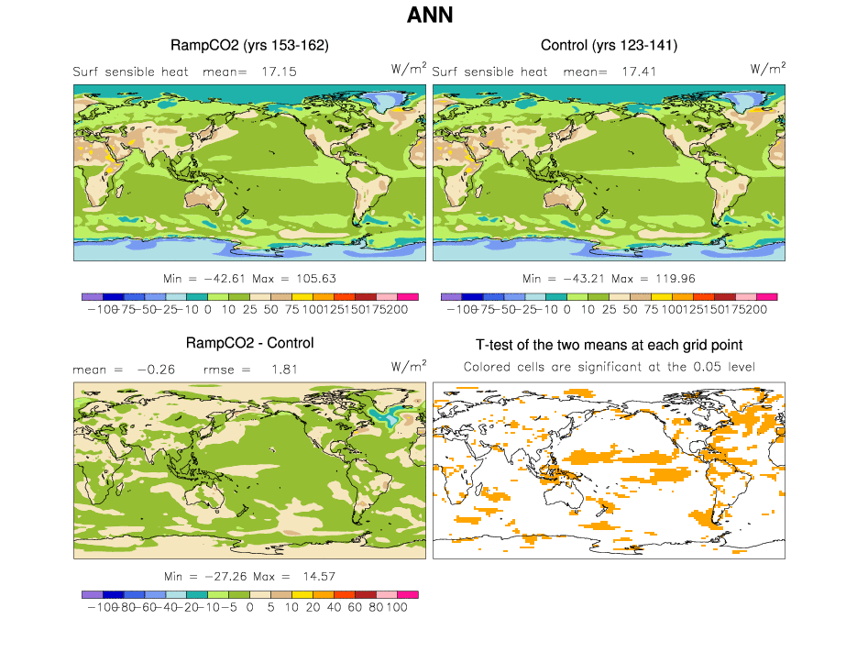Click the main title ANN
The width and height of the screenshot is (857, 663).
(429, 16)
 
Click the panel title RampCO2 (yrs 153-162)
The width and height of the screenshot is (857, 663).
(249, 45)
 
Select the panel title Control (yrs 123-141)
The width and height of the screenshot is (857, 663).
(609, 45)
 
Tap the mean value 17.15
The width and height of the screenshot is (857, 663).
(278, 72)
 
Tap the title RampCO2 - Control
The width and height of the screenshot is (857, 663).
(249, 343)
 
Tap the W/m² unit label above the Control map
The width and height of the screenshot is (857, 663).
(767, 69)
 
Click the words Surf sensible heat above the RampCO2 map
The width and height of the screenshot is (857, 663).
(130, 72)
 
